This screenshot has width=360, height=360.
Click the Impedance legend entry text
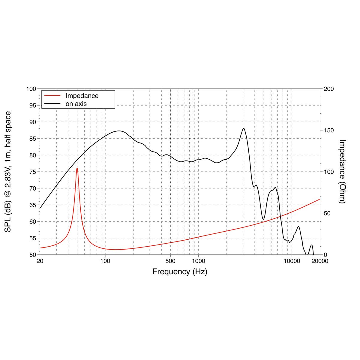[x=82, y=96]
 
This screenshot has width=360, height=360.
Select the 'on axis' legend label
[x=76, y=104]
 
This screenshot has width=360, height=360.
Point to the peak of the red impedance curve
[x=77, y=168]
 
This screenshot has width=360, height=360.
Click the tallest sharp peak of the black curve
[x=243, y=129]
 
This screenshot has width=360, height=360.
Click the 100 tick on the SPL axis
[x=31, y=89]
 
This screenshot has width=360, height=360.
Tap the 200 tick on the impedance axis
[x=329, y=89]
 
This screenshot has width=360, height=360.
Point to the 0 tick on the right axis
[x=325, y=255]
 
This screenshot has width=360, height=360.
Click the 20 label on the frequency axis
[x=40, y=261]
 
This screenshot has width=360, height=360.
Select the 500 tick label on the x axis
[x=170, y=261]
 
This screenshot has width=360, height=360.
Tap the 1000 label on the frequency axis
[x=198, y=261]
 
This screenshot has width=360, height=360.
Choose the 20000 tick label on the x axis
[x=320, y=261]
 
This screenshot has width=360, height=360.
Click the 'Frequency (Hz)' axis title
[x=180, y=272]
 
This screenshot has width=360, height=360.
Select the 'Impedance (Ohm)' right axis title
[x=342, y=172]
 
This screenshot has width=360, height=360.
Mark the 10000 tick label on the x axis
[x=291, y=261]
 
